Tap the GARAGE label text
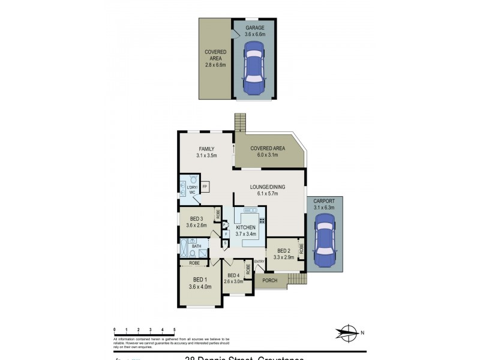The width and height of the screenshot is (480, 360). click(254, 28)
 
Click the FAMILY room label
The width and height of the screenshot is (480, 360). click(206, 149)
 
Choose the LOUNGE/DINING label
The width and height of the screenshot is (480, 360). click(268, 187)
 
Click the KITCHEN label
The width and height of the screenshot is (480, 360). click(245, 228)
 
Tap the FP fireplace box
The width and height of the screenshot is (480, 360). click(205, 187)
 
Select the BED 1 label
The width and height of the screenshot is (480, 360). click(200, 280)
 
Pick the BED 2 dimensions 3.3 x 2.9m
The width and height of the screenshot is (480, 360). click(283, 257)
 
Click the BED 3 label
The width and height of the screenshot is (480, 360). click(197, 219)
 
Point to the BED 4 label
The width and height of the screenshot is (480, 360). click(232, 275)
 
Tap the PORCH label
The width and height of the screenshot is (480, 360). click(269, 280)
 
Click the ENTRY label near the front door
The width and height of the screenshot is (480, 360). click(259, 262)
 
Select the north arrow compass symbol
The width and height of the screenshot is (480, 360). click(346, 332)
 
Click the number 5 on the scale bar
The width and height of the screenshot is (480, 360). click(174, 329)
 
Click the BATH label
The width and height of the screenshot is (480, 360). click(196, 246)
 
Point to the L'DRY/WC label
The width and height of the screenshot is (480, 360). click(192, 190)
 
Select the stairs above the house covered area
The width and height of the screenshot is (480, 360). click(241, 122)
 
